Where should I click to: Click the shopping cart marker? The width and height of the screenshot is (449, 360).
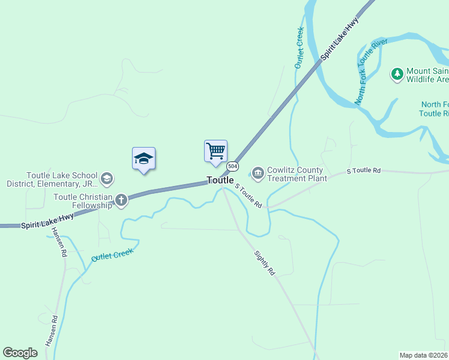[x=215, y=151]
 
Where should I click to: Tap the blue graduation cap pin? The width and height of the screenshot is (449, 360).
[x=143, y=159]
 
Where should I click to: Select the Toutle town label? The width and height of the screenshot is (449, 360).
[x=220, y=180]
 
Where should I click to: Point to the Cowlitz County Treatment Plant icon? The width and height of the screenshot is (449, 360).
[x=258, y=174]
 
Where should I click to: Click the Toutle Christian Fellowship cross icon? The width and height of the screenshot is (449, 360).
[x=121, y=199]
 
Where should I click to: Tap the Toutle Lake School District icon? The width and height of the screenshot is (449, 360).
[x=107, y=178]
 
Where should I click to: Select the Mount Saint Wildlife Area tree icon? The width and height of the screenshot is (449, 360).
[x=396, y=74]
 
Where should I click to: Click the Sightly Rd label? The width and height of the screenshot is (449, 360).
[x=264, y=263]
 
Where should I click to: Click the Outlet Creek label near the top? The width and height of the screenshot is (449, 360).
[x=299, y=47]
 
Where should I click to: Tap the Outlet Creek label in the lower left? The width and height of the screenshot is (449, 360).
[x=112, y=254]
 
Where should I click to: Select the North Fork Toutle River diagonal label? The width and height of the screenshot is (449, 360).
[x=371, y=72]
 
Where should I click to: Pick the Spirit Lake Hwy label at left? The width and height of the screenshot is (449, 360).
[x=48, y=221]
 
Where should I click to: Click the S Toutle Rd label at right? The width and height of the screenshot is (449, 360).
[x=364, y=171]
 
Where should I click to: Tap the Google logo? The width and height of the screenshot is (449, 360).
[x=20, y=353]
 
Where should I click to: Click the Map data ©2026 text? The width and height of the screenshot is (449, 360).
[x=424, y=355]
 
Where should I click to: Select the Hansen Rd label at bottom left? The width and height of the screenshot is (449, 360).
[x=51, y=331]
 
